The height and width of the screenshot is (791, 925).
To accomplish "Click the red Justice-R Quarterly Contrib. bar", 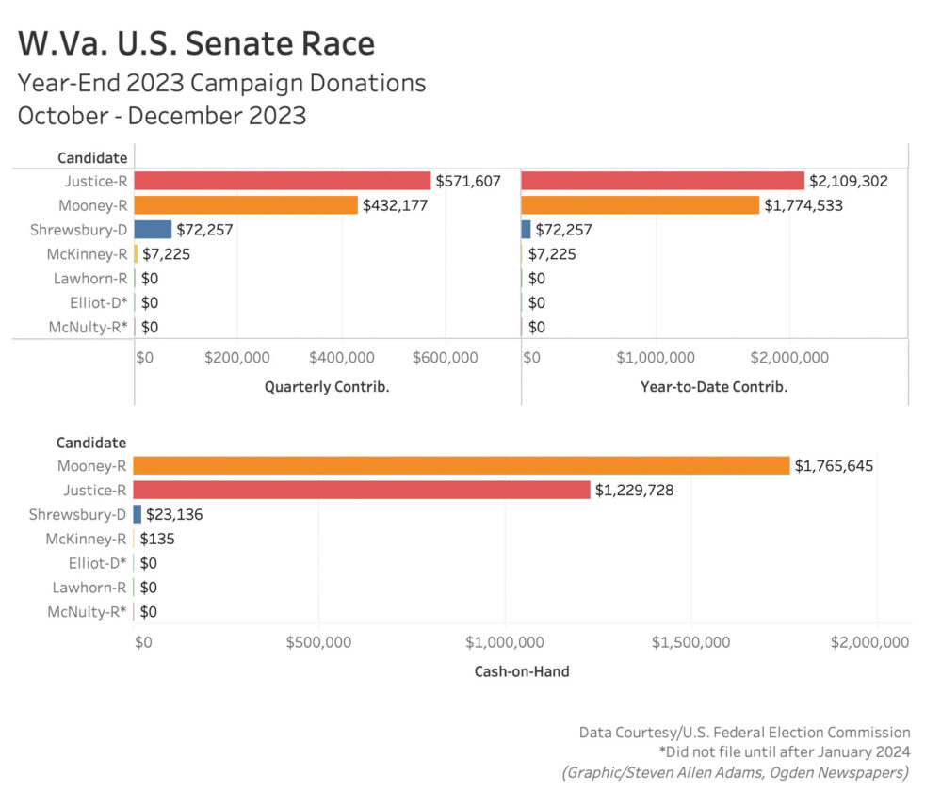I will (283, 180).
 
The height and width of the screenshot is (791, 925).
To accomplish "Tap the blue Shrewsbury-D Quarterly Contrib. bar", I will (153, 229).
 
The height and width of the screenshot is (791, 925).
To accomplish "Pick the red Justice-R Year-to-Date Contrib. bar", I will (662, 180).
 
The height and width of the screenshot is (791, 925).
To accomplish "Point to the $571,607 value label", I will (467, 181).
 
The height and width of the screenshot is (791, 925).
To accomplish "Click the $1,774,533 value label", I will (803, 205).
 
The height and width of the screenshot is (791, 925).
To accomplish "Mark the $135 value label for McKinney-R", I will (157, 539).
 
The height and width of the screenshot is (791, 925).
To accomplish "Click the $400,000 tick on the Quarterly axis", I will (340, 358).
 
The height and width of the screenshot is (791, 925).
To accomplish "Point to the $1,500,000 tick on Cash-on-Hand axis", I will (690, 642).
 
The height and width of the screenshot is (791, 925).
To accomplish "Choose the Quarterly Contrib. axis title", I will (327, 386).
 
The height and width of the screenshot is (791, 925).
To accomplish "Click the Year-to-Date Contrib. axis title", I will (713, 386).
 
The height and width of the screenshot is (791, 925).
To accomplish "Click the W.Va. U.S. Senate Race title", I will (196, 43).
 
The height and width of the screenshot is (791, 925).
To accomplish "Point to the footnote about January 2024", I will (786, 751).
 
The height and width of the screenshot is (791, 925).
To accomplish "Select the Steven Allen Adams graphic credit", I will (735, 772).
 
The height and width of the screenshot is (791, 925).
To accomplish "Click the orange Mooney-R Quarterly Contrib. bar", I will (246, 204).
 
